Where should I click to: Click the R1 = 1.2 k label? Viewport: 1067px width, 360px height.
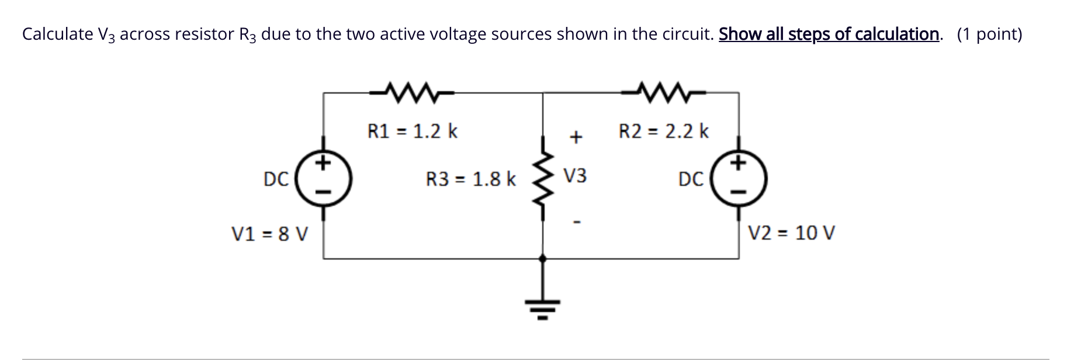412,131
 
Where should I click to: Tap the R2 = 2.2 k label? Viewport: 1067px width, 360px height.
663,131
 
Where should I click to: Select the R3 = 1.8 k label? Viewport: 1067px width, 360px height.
470,179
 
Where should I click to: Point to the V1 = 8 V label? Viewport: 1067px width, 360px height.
269,234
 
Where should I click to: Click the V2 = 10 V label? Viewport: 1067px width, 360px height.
791,233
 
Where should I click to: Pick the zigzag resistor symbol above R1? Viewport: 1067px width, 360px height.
412,91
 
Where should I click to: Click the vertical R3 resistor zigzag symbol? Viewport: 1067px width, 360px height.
543,181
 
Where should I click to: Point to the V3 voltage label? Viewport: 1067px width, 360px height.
575,176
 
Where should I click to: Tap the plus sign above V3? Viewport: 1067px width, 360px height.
576,138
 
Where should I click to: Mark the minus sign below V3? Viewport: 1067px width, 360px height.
576,222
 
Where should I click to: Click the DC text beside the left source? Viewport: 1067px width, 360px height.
276,179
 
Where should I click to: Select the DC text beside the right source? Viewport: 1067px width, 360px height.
691,179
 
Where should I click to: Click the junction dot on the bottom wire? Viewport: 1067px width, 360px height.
543,258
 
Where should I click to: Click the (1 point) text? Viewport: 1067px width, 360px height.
989,34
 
